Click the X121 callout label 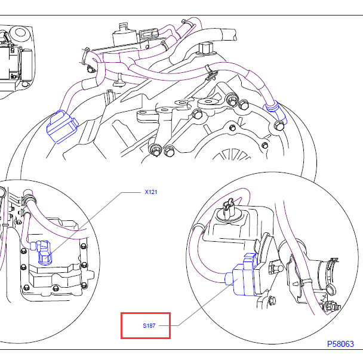tap(150, 193)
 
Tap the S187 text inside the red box tap(148, 326)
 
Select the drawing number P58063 tap(340, 344)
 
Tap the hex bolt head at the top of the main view tap(207, 48)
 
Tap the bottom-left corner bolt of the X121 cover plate tap(26, 290)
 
